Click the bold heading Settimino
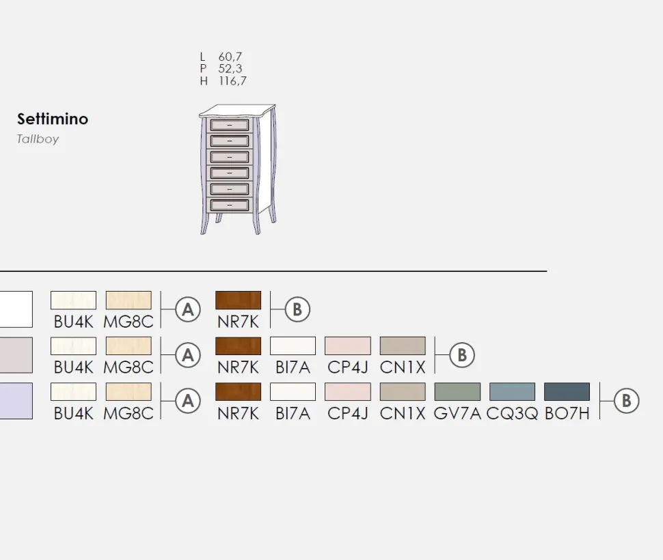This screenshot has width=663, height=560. (x=53, y=119)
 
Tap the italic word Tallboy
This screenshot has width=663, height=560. (x=38, y=139)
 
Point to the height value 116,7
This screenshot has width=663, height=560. (x=232, y=81)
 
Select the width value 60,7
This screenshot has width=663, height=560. (x=230, y=57)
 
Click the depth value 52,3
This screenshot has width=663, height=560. (x=230, y=68)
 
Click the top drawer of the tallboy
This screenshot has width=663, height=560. (x=230, y=125)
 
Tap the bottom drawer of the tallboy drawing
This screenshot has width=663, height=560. (x=230, y=206)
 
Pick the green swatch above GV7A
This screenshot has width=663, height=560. (x=457, y=391)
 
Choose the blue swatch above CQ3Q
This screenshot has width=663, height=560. (x=512, y=391)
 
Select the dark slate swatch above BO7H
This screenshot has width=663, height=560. (x=567, y=391)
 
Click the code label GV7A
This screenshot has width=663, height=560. (x=457, y=413)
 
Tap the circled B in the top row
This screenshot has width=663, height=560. (x=297, y=309)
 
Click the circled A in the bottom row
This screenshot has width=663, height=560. (x=188, y=401)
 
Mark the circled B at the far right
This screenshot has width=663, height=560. (x=626, y=401)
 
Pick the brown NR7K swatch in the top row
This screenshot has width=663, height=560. (x=238, y=300)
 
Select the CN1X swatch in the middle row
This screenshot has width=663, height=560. (x=403, y=346)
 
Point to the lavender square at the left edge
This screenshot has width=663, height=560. (x=16, y=401)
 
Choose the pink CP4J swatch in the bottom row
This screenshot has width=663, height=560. (x=348, y=391)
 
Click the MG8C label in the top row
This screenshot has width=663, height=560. (x=128, y=322)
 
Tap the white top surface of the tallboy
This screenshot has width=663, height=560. (x=236, y=111)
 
